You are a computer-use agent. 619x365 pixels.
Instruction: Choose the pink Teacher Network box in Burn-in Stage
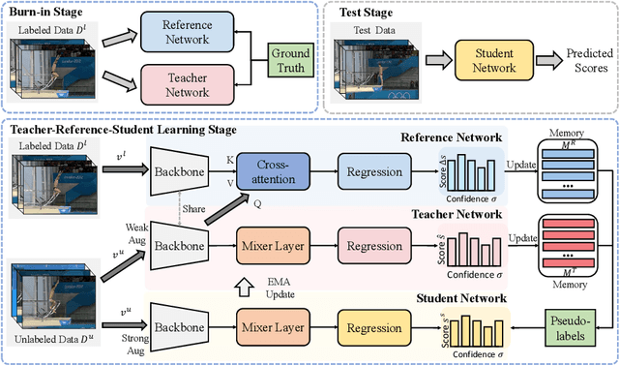pyautogui.click(x=186, y=84)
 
